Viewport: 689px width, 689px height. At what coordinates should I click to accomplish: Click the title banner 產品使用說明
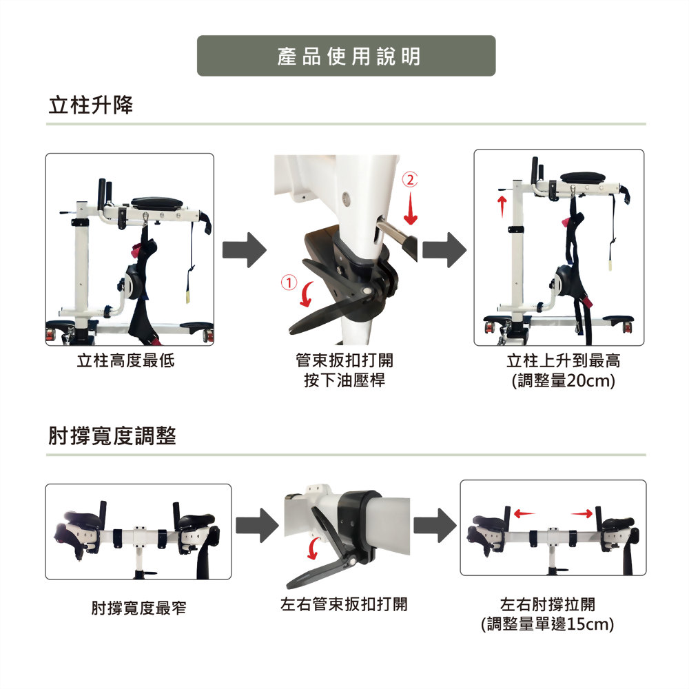coord(347,56)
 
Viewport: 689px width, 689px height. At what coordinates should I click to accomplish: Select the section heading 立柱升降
coord(90,105)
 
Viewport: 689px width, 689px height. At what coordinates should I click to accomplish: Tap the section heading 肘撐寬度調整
coord(112,436)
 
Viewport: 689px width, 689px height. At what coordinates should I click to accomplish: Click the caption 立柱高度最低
coord(125,360)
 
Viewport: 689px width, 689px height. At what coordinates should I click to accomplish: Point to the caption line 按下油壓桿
coord(344,380)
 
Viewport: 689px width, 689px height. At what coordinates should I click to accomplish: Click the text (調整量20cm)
coord(564,380)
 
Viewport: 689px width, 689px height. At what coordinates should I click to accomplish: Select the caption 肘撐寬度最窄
coord(139,608)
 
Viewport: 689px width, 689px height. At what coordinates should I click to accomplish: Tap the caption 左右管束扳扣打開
coord(344,604)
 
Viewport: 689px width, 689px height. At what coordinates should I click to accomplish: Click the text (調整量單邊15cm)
coord(548,624)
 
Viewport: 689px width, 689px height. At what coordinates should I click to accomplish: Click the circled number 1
coord(289,282)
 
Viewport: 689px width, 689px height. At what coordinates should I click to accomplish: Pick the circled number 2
coord(410,179)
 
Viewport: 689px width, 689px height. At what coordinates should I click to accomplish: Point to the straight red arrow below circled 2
coord(411,209)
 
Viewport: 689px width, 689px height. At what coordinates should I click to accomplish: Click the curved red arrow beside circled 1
coord(307,294)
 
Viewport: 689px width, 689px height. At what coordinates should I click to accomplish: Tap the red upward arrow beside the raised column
coord(502,207)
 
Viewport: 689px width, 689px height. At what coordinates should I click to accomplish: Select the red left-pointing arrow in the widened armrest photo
coord(524,513)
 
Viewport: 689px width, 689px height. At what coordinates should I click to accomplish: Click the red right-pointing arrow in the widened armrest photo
coord(582,513)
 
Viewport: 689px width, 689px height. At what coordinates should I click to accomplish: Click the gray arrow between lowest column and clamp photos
coord(245,250)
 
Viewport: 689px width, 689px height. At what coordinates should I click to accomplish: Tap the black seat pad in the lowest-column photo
coord(157,203)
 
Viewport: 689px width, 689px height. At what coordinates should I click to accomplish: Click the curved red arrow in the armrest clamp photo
coord(313,548)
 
